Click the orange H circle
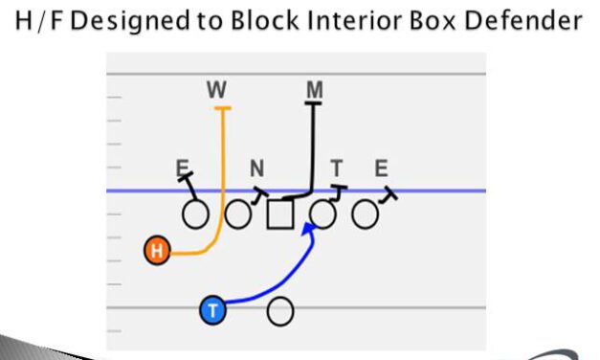click(x=157, y=252)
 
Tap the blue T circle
click(x=212, y=309)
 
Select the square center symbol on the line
click(x=279, y=214)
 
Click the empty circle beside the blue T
click(x=279, y=310)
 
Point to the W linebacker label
click(x=216, y=91)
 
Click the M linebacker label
click(x=314, y=90)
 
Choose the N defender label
click(x=256, y=169)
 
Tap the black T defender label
click(x=337, y=169)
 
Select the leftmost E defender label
click(x=182, y=169)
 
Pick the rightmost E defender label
click(x=381, y=169)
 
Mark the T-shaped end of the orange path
click(x=223, y=109)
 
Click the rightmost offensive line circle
click(x=364, y=214)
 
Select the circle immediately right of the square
click(x=323, y=214)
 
